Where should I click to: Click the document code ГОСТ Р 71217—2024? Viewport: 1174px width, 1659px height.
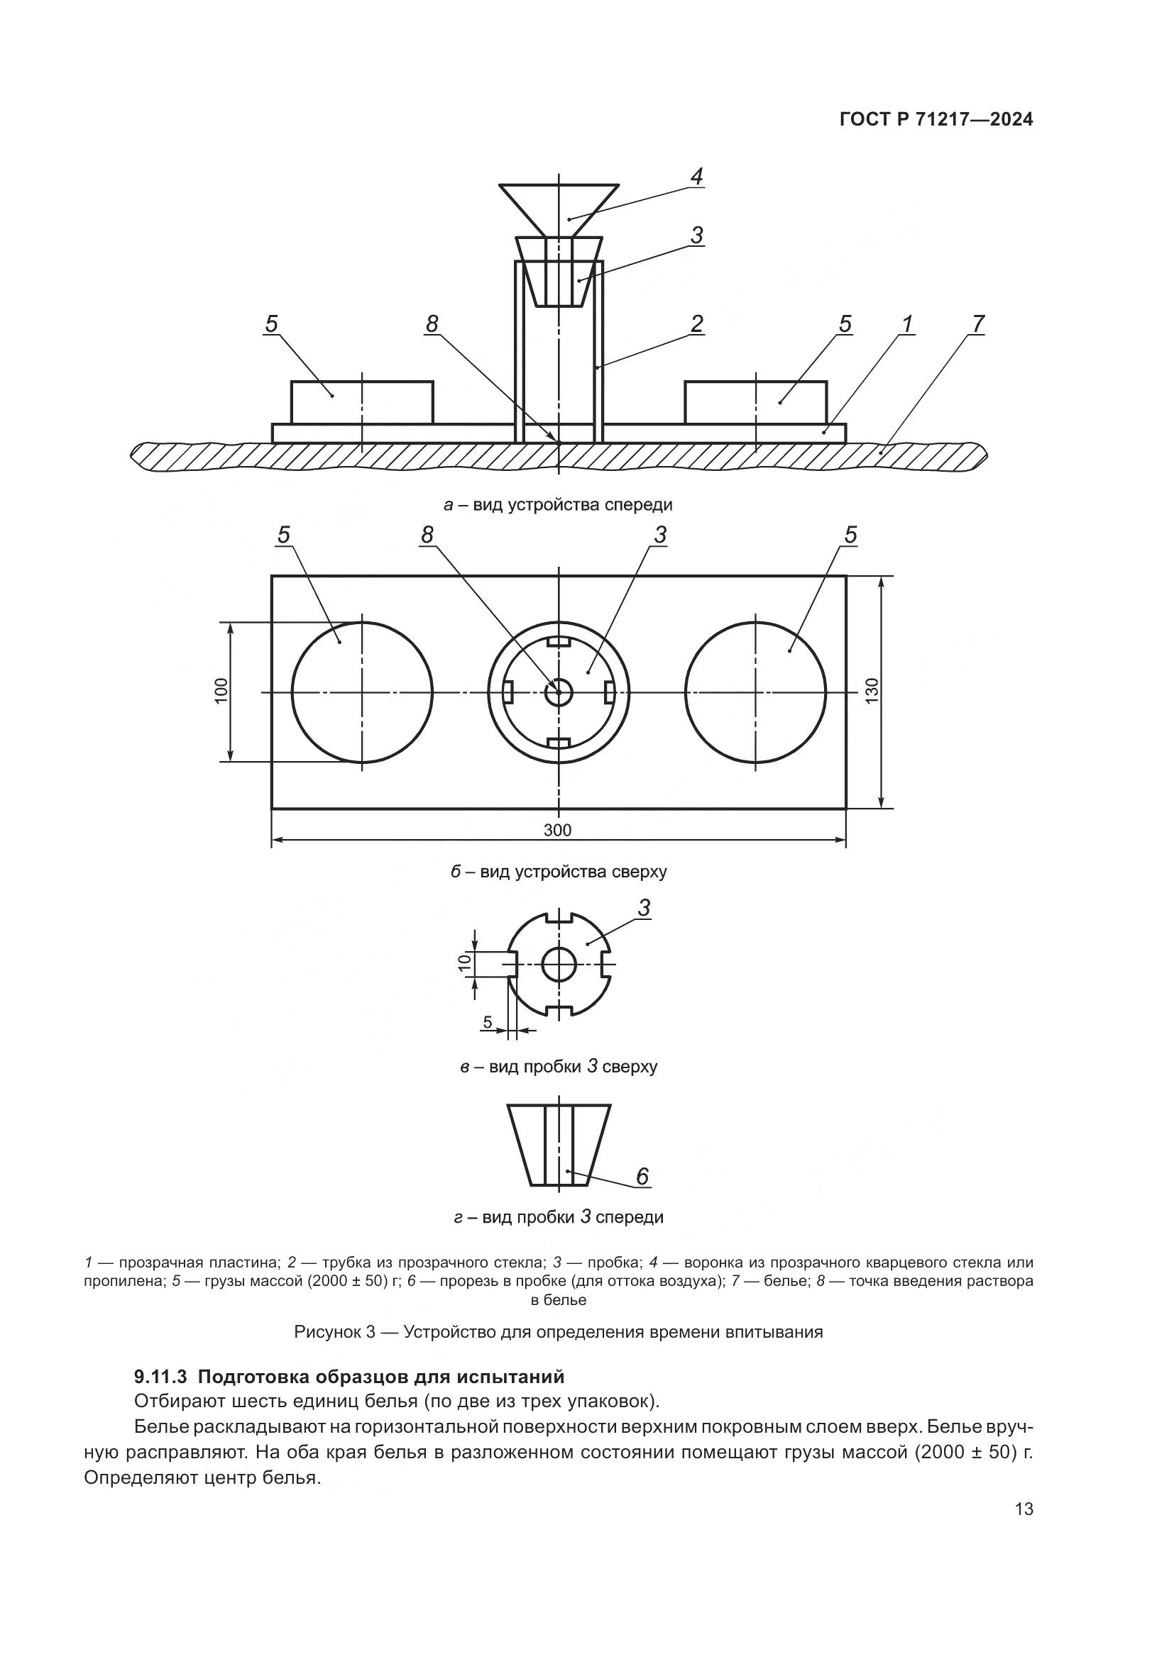(x=936, y=120)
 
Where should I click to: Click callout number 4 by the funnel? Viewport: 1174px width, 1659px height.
(x=696, y=177)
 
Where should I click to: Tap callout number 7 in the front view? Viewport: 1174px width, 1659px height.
(x=977, y=324)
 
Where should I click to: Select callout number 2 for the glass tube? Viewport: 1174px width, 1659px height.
(x=696, y=324)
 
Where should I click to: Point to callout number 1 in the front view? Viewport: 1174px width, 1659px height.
(x=906, y=324)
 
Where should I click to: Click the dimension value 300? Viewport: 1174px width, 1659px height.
(x=557, y=831)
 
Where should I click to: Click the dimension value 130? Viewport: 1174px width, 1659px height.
(x=871, y=692)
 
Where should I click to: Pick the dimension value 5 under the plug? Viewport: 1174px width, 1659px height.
(x=487, y=1023)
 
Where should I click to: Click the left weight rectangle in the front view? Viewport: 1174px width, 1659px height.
(x=362, y=401)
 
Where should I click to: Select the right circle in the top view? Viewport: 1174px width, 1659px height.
(x=755, y=692)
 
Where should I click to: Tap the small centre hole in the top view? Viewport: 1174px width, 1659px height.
(x=558, y=692)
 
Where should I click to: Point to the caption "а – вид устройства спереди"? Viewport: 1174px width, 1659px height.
(x=558, y=504)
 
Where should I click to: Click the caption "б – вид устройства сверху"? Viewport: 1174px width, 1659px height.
(x=558, y=872)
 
